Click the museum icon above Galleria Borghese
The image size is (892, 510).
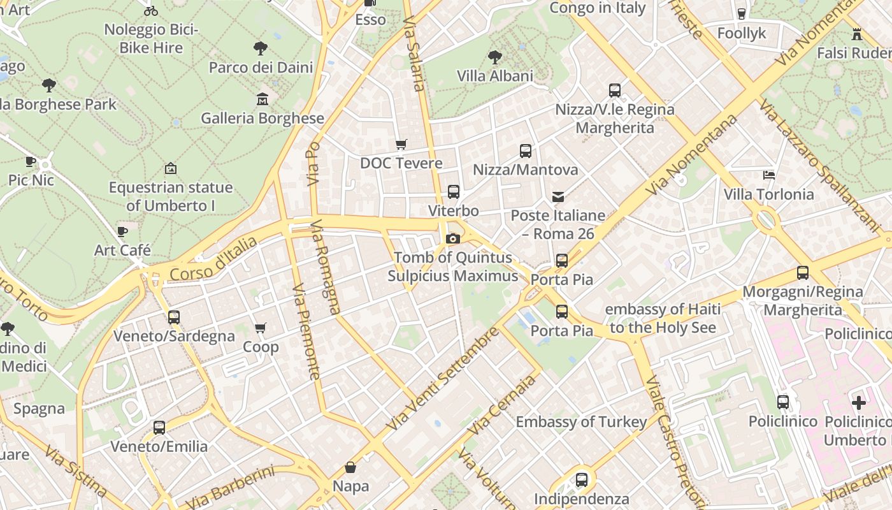coord(262,99)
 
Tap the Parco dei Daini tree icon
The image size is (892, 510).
coord(260,48)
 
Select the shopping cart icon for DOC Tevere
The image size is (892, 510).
coord(401,144)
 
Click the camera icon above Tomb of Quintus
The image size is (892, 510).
coord(453,238)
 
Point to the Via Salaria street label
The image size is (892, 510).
coord(414,54)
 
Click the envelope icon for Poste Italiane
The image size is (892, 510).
coord(558,196)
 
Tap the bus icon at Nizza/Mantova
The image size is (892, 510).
coord(525,151)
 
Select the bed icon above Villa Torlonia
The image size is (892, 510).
coord(769,175)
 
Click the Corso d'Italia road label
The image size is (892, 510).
coord(213,259)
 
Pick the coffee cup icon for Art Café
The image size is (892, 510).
coord(122,231)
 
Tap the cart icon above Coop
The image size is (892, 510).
coord(260,328)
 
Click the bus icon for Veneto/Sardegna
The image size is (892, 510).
coord(174,317)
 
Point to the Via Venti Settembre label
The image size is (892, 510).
coord(442,379)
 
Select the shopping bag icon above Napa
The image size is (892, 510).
coord(350,467)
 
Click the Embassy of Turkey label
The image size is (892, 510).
coord(581,421)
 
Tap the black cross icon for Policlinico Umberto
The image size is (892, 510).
coord(858,402)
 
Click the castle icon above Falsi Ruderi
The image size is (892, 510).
coord(857,33)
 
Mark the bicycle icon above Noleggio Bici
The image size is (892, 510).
coord(151,11)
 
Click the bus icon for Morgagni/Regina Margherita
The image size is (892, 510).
coord(803,273)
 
